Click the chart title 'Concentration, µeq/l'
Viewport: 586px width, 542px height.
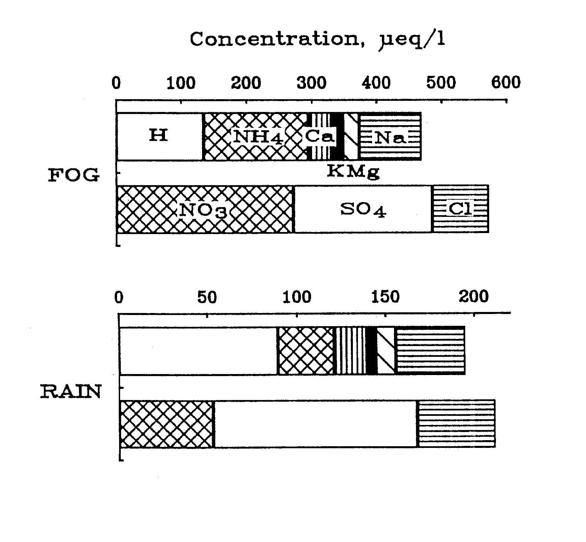coord(317,40)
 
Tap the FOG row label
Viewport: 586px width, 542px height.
coord(74,175)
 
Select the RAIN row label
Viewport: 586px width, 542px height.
coord(71,392)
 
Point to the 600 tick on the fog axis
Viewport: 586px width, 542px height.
coord(506,83)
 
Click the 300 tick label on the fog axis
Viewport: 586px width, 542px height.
coord(311,83)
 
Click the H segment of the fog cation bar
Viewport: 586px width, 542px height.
coord(159,136)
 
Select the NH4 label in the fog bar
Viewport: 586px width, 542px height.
coord(258,137)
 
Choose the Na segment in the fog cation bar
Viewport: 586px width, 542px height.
coord(390,137)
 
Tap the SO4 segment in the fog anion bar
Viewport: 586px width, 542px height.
coord(363,209)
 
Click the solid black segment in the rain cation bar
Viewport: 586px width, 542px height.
coord(371,351)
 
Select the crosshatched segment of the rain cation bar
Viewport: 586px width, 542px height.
coord(305,351)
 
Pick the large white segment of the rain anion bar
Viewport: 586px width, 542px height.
coord(315,424)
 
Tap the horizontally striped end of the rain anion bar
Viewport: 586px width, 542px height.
coord(456,424)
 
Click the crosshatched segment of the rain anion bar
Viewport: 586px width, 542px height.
coord(167,424)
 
